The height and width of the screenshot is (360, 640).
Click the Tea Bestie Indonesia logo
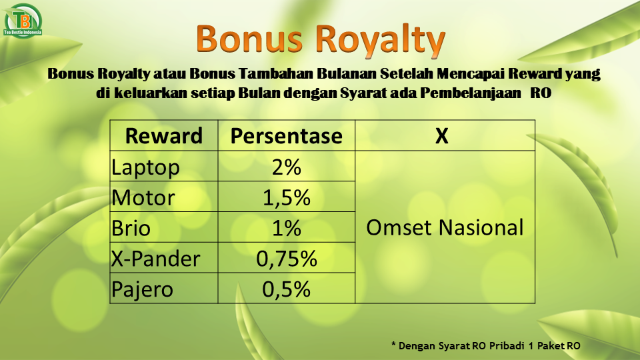[x=23, y=21]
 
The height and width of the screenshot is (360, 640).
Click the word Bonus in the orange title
[x=249, y=39]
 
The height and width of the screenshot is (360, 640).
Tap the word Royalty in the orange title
[x=380, y=41]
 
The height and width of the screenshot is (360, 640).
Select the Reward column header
[x=164, y=136]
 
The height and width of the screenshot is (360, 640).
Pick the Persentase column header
[x=287, y=136]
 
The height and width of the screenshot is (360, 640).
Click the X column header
[x=441, y=136]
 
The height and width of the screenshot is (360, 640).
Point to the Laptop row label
[x=145, y=167]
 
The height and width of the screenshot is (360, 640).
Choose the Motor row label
[x=143, y=197]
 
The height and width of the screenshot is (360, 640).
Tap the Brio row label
[x=131, y=228]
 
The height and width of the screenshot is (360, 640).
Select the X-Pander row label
[x=155, y=259]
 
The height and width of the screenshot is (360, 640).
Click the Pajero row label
[x=142, y=290]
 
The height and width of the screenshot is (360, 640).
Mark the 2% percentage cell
[x=287, y=167]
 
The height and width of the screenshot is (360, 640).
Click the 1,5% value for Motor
[x=287, y=198]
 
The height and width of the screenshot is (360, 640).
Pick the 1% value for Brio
[x=287, y=228]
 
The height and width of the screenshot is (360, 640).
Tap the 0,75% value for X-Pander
[x=287, y=259]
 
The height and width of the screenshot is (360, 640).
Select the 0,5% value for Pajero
[x=287, y=289]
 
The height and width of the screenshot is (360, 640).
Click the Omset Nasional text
[x=445, y=227]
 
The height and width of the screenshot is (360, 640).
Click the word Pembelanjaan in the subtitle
[x=471, y=93]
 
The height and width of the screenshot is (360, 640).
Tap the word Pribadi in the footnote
[x=507, y=346]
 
